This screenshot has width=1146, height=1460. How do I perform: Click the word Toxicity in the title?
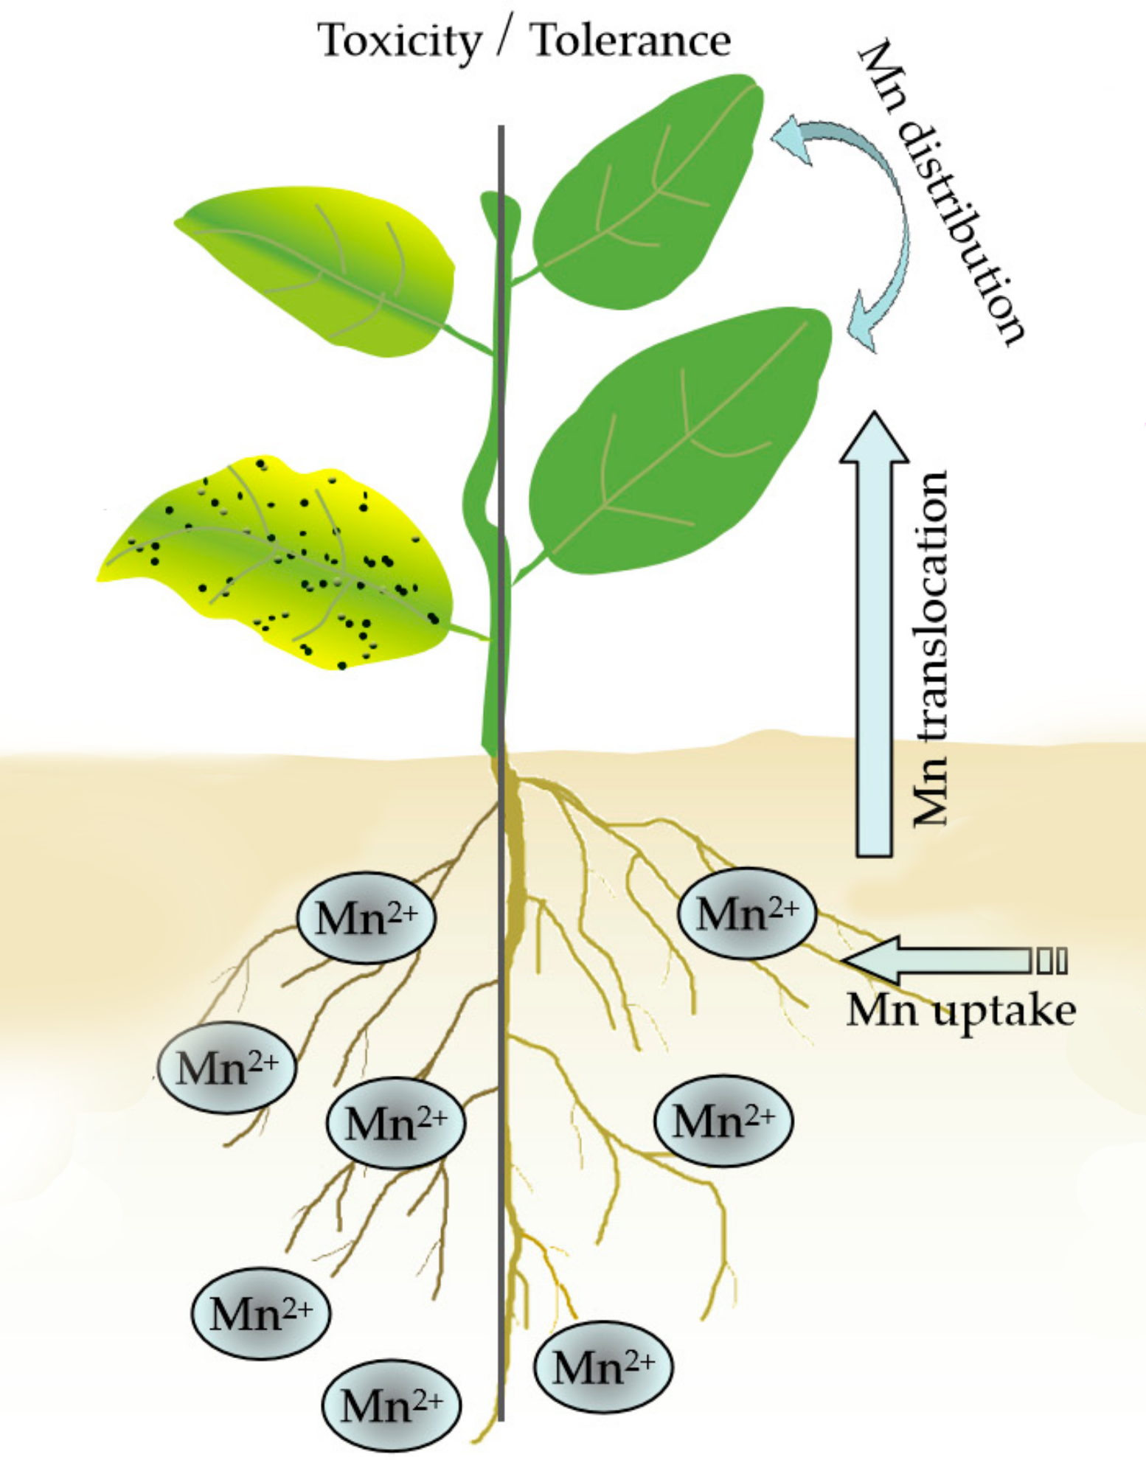[x=399, y=42]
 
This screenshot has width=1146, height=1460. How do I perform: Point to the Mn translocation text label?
[x=929, y=649]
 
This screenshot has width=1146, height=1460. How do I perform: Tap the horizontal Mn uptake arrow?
[x=937, y=961]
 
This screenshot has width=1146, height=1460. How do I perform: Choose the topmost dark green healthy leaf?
[x=649, y=192]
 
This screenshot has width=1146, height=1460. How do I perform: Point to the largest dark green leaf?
[x=678, y=442]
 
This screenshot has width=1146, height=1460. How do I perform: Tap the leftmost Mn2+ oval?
[x=227, y=1067]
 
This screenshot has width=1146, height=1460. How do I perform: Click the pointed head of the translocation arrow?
[x=875, y=439]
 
